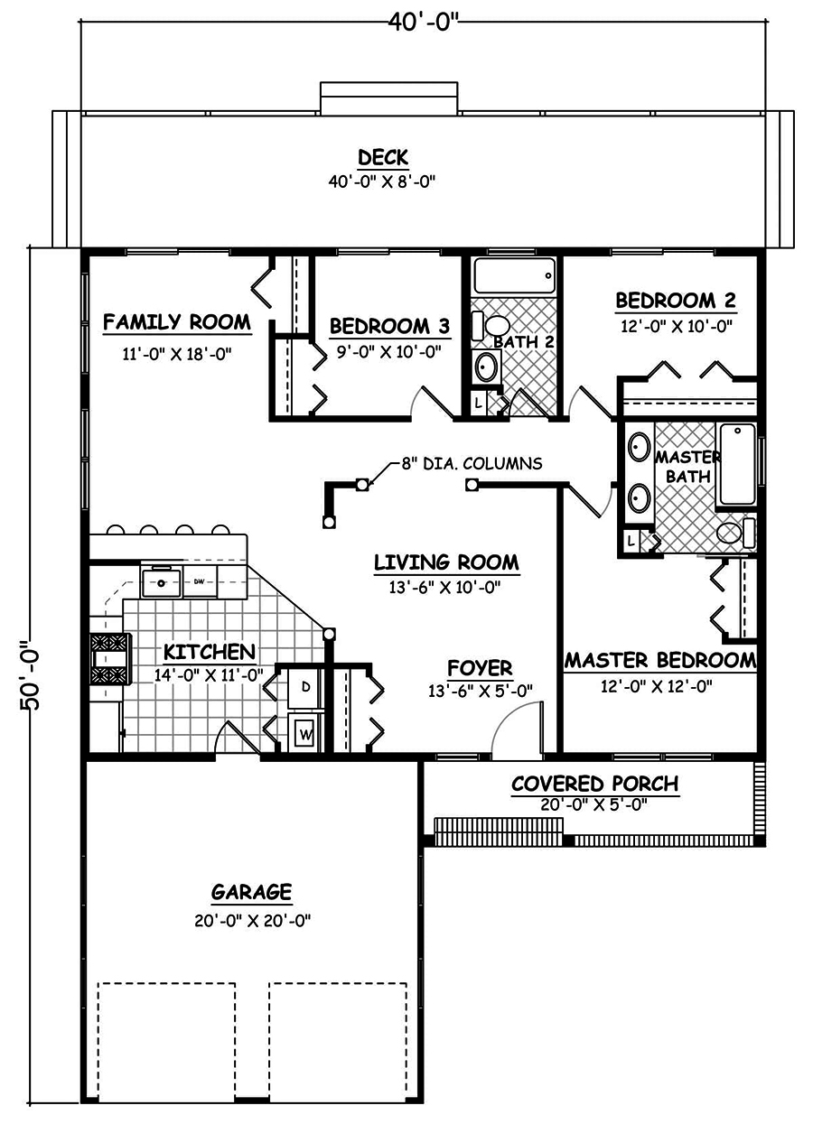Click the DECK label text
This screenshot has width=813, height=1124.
click(x=382, y=157)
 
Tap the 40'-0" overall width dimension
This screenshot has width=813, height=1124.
click(x=425, y=22)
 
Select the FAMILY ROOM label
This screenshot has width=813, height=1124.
click(x=176, y=322)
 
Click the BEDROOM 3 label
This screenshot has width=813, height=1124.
click(x=389, y=325)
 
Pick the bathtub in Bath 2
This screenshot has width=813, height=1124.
click(x=512, y=275)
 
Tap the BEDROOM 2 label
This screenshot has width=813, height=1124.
click(x=675, y=301)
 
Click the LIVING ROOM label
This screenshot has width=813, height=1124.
click(x=446, y=562)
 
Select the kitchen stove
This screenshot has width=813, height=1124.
click(x=108, y=658)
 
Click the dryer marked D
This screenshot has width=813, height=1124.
click(x=305, y=687)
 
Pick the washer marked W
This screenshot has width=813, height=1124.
click(x=305, y=734)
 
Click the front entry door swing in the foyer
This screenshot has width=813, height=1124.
click(x=517, y=729)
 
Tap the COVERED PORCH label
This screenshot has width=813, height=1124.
click(x=594, y=783)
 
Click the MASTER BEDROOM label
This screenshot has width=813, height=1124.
click(x=659, y=661)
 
